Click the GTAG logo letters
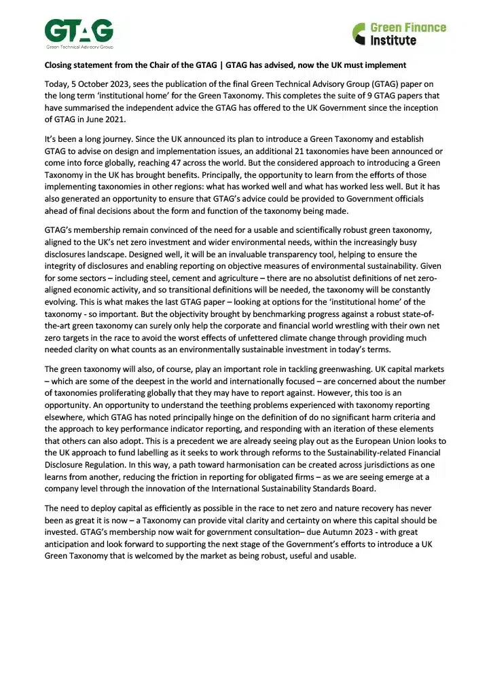click(x=79, y=31)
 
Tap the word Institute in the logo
click(x=394, y=41)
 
